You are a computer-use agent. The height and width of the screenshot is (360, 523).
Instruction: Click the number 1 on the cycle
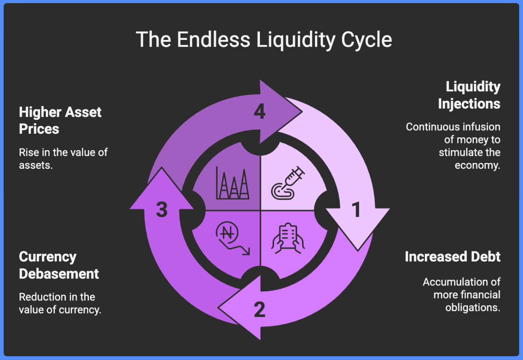click(356, 209)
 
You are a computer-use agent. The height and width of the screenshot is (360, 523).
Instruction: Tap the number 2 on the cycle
click(260, 310)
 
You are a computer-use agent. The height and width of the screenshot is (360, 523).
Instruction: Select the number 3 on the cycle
click(162, 209)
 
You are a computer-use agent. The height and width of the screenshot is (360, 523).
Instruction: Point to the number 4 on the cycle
click(260, 112)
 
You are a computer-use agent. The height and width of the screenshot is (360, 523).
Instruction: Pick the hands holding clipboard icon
click(288, 238)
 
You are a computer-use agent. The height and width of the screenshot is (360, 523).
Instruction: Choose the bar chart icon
click(232, 183)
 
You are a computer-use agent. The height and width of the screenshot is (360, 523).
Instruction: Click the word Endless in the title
click(213, 40)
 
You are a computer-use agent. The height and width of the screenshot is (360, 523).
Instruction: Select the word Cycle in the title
click(367, 40)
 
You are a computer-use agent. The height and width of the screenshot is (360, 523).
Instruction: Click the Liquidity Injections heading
click(469, 95)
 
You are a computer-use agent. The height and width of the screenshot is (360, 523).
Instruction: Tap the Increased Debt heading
click(452, 257)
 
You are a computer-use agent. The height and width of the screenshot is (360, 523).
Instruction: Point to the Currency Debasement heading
click(59, 265)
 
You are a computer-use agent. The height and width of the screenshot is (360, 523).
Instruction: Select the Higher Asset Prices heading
click(60, 120)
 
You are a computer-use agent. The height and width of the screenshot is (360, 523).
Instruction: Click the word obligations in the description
click(472, 308)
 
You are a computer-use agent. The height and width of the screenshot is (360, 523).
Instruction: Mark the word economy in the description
click(477, 165)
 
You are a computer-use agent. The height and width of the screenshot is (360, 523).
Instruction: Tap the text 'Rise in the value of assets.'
click(63, 159)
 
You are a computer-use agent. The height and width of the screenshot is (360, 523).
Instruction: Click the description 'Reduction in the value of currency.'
click(60, 303)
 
